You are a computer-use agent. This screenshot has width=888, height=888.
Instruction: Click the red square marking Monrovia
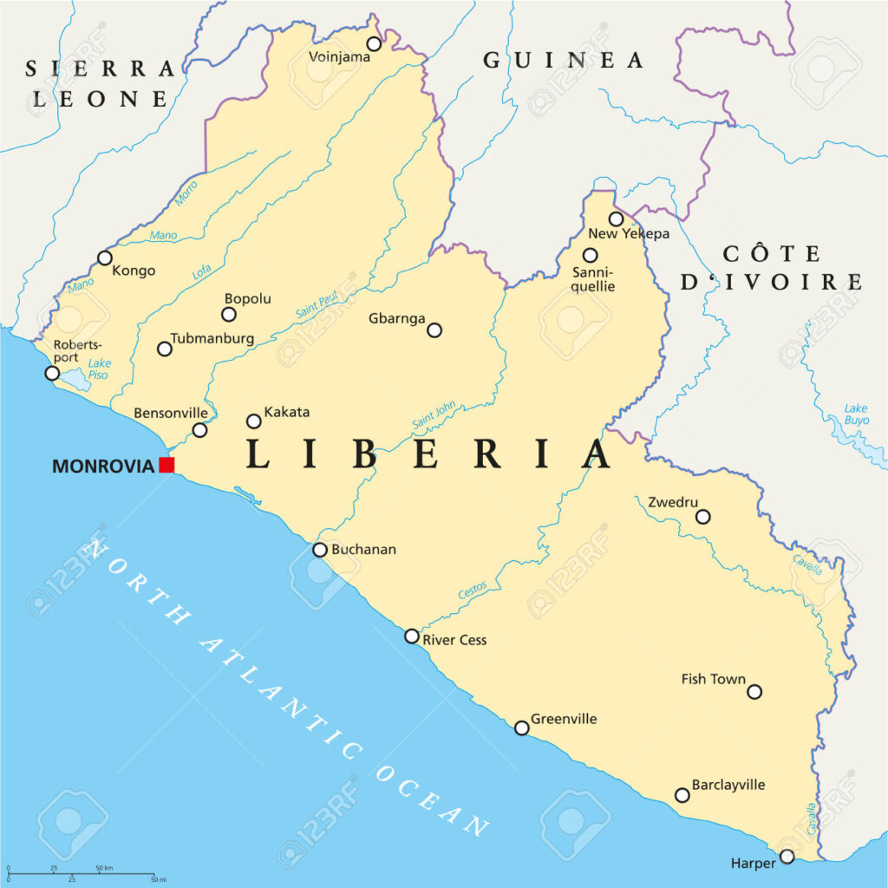click(166, 465)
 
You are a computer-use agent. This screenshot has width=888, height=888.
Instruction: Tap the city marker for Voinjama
click(374, 43)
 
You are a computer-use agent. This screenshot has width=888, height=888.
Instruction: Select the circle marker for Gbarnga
click(434, 330)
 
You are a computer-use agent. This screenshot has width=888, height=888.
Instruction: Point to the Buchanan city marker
click(320, 549)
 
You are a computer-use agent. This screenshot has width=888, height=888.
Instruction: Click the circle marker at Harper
click(787, 856)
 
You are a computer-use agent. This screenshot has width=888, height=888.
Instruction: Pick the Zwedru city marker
click(703, 517)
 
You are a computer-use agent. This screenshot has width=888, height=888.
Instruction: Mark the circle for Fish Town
click(754, 691)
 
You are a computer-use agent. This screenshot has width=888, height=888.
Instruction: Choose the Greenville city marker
click(522, 728)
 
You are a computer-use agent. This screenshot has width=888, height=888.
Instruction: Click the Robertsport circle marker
click(52, 373)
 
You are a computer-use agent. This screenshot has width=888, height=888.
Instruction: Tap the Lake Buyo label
click(856, 415)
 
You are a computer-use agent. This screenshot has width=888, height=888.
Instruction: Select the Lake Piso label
click(99, 369)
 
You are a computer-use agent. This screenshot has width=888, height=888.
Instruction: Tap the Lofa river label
click(201, 271)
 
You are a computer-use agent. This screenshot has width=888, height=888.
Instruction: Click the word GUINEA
click(564, 61)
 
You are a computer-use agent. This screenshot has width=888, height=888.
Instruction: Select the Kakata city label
click(286, 412)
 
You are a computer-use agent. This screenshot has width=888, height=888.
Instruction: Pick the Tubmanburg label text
click(212, 338)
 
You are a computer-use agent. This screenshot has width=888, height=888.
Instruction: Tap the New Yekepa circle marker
click(616, 219)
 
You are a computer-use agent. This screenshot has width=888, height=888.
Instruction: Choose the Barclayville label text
click(728, 785)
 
